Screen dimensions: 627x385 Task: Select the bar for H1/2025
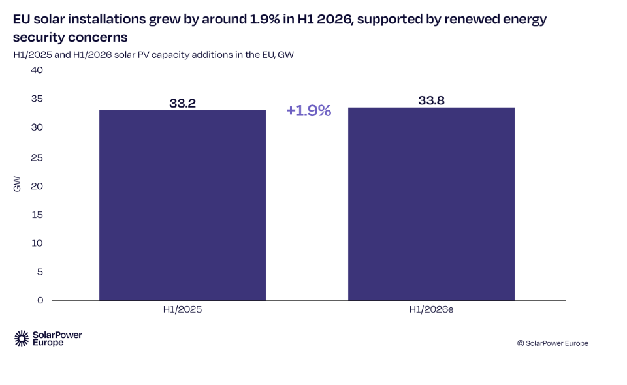(182, 206)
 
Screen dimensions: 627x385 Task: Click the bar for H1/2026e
(431, 204)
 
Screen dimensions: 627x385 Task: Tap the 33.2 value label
(182, 103)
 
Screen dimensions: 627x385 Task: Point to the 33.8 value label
(431, 100)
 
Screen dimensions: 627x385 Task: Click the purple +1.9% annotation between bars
(309, 111)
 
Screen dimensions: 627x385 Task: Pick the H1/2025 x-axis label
(182, 309)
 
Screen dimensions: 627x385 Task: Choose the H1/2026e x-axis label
(431, 309)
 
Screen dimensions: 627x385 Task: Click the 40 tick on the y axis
(37, 70)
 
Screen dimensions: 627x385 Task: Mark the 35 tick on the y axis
(37, 99)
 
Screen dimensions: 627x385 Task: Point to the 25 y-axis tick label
(37, 157)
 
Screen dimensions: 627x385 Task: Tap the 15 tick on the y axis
(37, 215)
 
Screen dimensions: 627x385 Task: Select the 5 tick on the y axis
(40, 272)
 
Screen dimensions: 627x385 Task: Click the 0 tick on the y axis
(40, 300)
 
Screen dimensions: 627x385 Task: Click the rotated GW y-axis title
(17, 184)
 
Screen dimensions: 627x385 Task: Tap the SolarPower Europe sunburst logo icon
(22, 339)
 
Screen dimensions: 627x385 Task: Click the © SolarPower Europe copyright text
(553, 343)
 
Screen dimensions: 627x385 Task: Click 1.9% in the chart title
(265, 19)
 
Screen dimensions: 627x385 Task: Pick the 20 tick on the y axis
(37, 186)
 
